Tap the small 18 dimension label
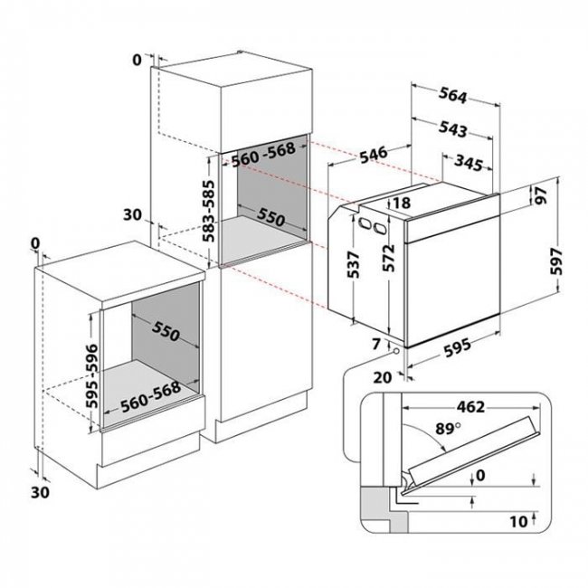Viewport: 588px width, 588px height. [x=402, y=204]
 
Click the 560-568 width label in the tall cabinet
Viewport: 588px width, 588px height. [x=263, y=154]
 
